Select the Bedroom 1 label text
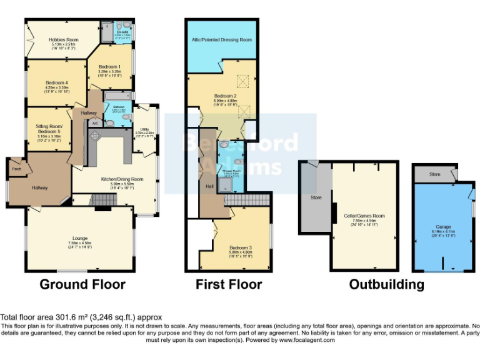coord(109,67)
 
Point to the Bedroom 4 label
coord(56,83)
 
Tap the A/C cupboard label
coord(94,123)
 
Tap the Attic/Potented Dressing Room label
coord(222,39)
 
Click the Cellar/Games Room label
coord(364,216)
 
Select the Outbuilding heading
coord(386,285)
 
